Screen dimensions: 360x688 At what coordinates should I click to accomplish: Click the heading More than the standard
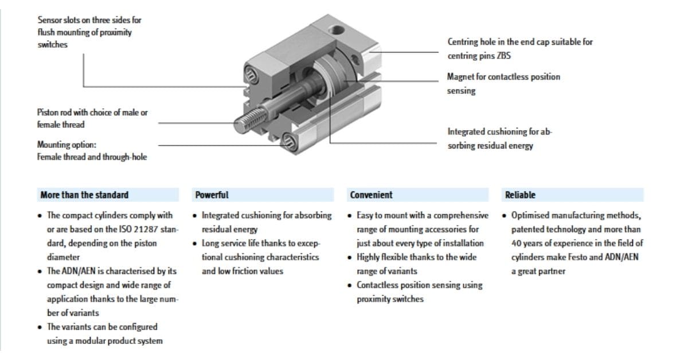[x=84, y=195]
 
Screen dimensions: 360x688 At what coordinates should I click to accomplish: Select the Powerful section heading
[x=212, y=195]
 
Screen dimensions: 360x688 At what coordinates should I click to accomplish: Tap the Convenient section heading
[x=371, y=195]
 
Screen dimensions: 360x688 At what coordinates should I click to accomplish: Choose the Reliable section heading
[x=520, y=195]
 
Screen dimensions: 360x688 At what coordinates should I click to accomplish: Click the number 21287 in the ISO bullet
[x=146, y=230]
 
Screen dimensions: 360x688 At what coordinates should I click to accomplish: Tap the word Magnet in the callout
[x=460, y=77]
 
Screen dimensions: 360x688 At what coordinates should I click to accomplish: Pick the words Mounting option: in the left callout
[x=67, y=144]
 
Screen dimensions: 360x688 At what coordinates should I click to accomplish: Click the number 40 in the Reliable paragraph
[x=516, y=244]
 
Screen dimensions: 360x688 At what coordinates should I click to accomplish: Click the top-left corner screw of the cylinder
[x=251, y=73]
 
